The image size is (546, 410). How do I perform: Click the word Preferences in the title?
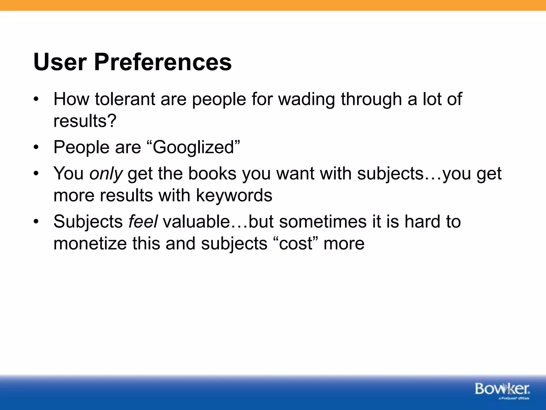pyautogui.click(x=163, y=62)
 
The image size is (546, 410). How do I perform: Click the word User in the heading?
pyautogui.click(x=60, y=62)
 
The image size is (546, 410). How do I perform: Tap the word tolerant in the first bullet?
pyautogui.click(x=125, y=99)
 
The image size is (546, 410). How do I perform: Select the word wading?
pyautogui.click(x=306, y=99)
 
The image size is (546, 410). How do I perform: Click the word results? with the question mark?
pyautogui.click(x=85, y=121)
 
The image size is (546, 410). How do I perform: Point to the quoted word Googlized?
pyautogui.click(x=194, y=147)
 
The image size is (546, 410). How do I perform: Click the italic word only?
pyautogui.click(x=106, y=174)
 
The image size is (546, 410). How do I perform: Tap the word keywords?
pyautogui.click(x=234, y=195)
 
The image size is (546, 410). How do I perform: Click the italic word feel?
pyautogui.click(x=143, y=222)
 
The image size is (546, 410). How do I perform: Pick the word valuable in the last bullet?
pyautogui.click(x=196, y=222)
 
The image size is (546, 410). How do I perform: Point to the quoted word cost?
pyautogui.click(x=295, y=243)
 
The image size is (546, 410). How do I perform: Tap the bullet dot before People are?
pyautogui.click(x=36, y=148)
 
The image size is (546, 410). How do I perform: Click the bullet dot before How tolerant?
pyautogui.click(x=36, y=100)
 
